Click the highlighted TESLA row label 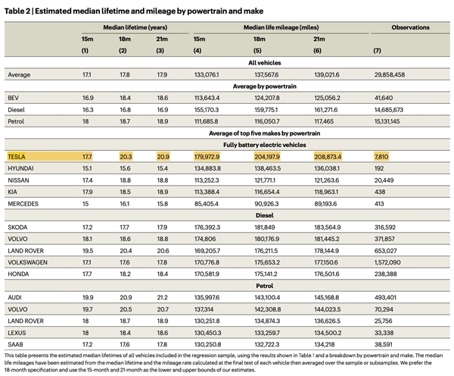click(18, 156)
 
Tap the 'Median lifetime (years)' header click(123, 27)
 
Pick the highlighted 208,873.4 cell click(307, 156)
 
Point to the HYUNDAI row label click(21, 169)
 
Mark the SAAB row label click(16, 345)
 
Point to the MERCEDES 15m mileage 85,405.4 click(208, 204)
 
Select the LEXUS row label click(17, 333)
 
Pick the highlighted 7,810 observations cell click(380, 156)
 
